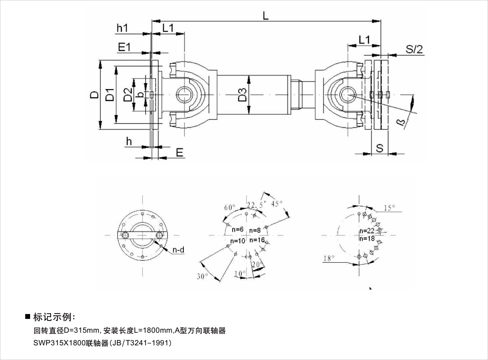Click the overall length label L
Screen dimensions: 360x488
click(x=265, y=15)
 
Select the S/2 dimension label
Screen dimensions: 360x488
click(x=414, y=50)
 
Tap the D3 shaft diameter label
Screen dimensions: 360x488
click(x=243, y=95)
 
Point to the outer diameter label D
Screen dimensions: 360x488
click(x=94, y=95)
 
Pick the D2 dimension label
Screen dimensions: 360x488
click(x=128, y=95)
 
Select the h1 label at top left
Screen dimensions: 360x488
click(x=122, y=28)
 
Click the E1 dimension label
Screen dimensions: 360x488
click(x=124, y=47)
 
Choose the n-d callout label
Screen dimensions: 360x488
click(x=178, y=250)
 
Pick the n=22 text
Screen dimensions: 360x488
click(x=367, y=231)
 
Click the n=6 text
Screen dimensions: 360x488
click(x=237, y=230)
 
